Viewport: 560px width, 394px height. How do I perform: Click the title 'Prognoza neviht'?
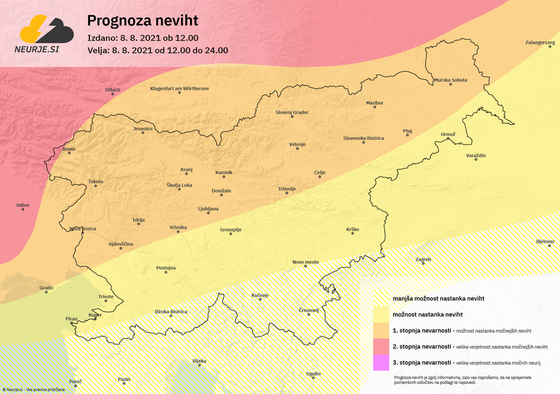[x=142, y=21]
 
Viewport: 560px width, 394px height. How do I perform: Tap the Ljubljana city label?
[x=209, y=209]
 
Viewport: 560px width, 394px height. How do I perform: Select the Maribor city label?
[x=375, y=103]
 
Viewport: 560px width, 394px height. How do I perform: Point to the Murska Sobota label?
[x=450, y=80]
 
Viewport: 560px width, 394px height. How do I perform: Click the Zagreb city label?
[x=423, y=259]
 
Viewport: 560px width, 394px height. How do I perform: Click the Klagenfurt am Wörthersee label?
[x=179, y=89]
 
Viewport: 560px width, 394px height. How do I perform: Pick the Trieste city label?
[x=105, y=296]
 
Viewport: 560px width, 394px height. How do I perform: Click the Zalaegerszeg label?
[x=540, y=43]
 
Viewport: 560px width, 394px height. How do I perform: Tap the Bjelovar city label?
[x=545, y=241]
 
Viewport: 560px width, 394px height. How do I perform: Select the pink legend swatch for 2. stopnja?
[x=381, y=346]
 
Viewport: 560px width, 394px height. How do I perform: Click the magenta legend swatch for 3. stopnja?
[x=381, y=362]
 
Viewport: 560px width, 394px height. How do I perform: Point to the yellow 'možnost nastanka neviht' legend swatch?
[x=381, y=314]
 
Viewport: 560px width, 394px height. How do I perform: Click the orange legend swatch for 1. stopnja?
[x=381, y=330]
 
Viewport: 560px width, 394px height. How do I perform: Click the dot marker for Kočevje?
[x=260, y=300]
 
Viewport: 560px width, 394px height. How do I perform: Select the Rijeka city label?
[x=199, y=361]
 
